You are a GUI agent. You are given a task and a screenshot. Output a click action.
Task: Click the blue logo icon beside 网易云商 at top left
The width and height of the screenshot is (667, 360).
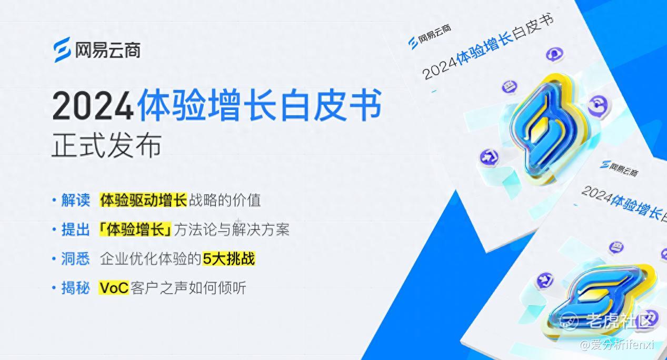click(x=62, y=49)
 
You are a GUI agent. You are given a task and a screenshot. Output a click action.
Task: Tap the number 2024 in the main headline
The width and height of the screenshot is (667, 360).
click(x=93, y=106)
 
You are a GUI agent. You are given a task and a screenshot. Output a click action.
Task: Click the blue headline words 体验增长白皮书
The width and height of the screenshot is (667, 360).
click(x=260, y=105)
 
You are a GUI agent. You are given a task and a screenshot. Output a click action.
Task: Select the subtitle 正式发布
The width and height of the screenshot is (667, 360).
click(x=106, y=145)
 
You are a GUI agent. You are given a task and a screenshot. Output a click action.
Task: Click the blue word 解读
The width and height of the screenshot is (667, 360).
click(x=76, y=200)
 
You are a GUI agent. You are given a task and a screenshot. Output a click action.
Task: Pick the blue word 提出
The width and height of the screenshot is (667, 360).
click(x=76, y=229)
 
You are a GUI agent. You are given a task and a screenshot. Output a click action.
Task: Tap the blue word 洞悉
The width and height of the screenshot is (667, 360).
click(x=76, y=258)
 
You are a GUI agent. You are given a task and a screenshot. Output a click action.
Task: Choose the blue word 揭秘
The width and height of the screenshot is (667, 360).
click(x=76, y=288)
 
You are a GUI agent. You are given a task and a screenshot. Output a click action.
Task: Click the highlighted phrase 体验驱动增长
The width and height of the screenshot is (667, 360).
click(x=143, y=200)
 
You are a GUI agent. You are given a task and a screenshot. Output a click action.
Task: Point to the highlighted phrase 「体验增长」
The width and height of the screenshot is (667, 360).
click(x=135, y=229)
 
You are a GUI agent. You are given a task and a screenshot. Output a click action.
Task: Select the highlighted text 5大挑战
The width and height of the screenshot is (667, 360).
click(x=228, y=258)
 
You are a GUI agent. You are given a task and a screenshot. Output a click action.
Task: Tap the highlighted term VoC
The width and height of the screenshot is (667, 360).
click(x=114, y=288)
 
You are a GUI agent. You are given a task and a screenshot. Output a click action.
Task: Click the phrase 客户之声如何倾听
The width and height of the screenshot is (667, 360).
click(x=188, y=288)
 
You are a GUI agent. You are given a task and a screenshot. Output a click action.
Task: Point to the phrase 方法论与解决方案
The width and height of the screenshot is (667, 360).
click(x=232, y=229)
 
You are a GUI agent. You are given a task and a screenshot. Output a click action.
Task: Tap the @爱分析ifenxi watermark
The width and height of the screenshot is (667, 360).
click(x=617, y=345)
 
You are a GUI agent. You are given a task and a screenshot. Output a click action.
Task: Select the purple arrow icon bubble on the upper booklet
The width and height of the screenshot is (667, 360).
click(x=489, y=156)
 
